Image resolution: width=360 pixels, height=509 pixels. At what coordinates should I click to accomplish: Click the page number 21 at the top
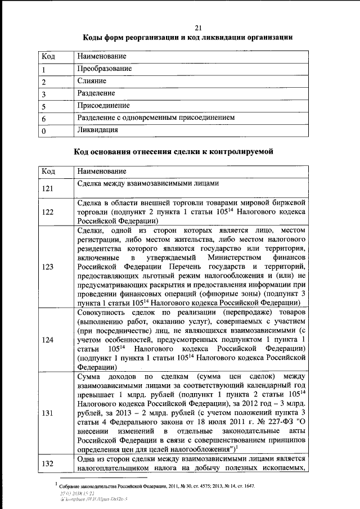coord(199,28)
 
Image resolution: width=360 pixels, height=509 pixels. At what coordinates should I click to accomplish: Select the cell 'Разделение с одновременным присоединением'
coord(156,118)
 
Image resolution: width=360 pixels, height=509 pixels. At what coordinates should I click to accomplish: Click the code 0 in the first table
coord(44,132)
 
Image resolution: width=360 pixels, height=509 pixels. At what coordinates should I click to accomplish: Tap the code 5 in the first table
coord(44,107)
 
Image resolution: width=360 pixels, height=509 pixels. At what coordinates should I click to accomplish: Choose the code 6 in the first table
coord(44,119)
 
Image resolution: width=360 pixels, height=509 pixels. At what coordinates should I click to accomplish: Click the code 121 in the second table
coord(48,188)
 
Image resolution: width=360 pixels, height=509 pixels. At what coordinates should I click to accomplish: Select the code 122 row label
coord(48,212)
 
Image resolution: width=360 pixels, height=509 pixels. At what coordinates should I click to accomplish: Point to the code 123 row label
coord(48,267)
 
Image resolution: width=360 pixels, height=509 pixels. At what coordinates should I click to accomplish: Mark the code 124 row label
coord(48,340)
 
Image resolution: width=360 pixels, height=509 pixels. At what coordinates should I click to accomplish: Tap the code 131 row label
coord(48,413)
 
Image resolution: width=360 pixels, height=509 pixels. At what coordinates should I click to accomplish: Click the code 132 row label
coord(48,463)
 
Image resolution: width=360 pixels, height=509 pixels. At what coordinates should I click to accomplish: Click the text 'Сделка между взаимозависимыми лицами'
coord(147,183)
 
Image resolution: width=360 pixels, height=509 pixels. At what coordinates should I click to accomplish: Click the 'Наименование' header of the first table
coord(102,56)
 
